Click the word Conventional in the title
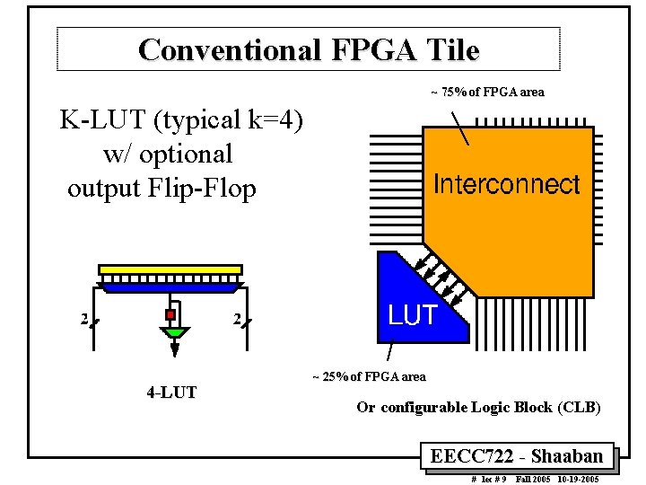click(230, 49)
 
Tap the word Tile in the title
click(452, 49)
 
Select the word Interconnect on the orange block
click(507, 185)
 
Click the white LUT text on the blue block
click(412, 315)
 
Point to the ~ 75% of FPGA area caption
click(487, 92)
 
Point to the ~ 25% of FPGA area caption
click(369, 376)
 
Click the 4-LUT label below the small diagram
click(172, 392)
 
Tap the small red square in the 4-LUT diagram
click(170, 315)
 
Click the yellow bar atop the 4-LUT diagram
click(170, 269)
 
